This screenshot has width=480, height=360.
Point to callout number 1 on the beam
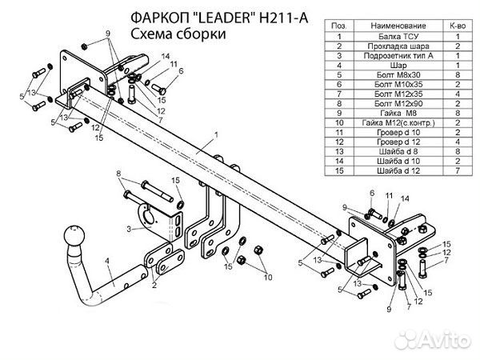pyautogui.click(x=205, y=142)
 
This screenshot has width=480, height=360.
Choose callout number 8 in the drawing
pyautogui.click(x=118, y=173)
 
